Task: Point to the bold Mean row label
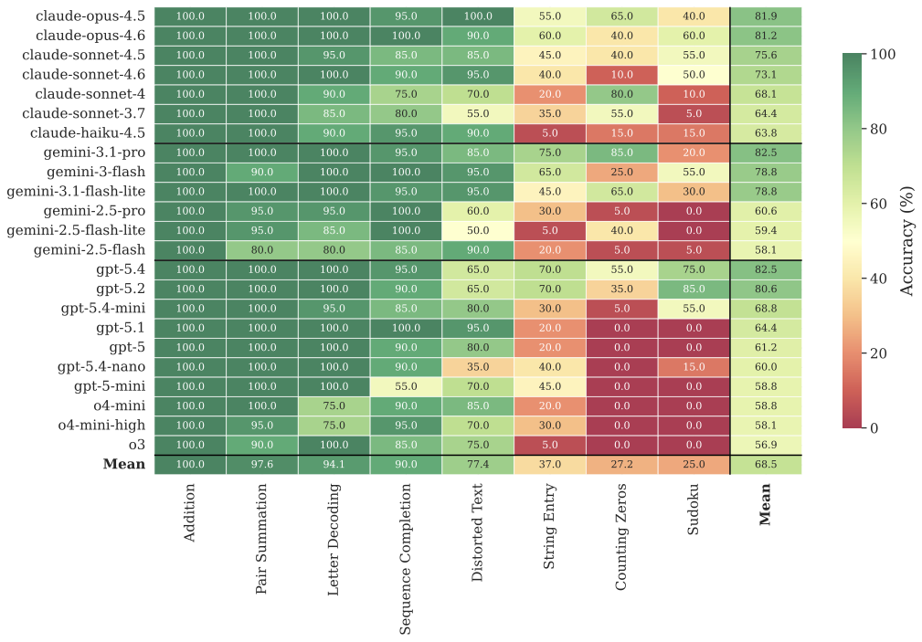click(x=123, y=464)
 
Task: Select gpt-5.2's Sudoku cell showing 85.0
click(x=694, y=289)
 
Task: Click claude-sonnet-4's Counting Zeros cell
click(x=621, y=93)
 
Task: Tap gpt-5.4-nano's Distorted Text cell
click(x=478, y=366)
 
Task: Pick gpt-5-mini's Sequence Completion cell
click(x=406, y=386)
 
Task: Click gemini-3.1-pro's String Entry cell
click(x=549, y=152)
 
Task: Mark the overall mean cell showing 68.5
click(x=766, y=464)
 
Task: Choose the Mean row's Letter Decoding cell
click(x=334, y=464)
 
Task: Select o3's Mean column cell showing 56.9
click(x=766, y=445)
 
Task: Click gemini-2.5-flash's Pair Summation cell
click(x=261, y=249)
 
